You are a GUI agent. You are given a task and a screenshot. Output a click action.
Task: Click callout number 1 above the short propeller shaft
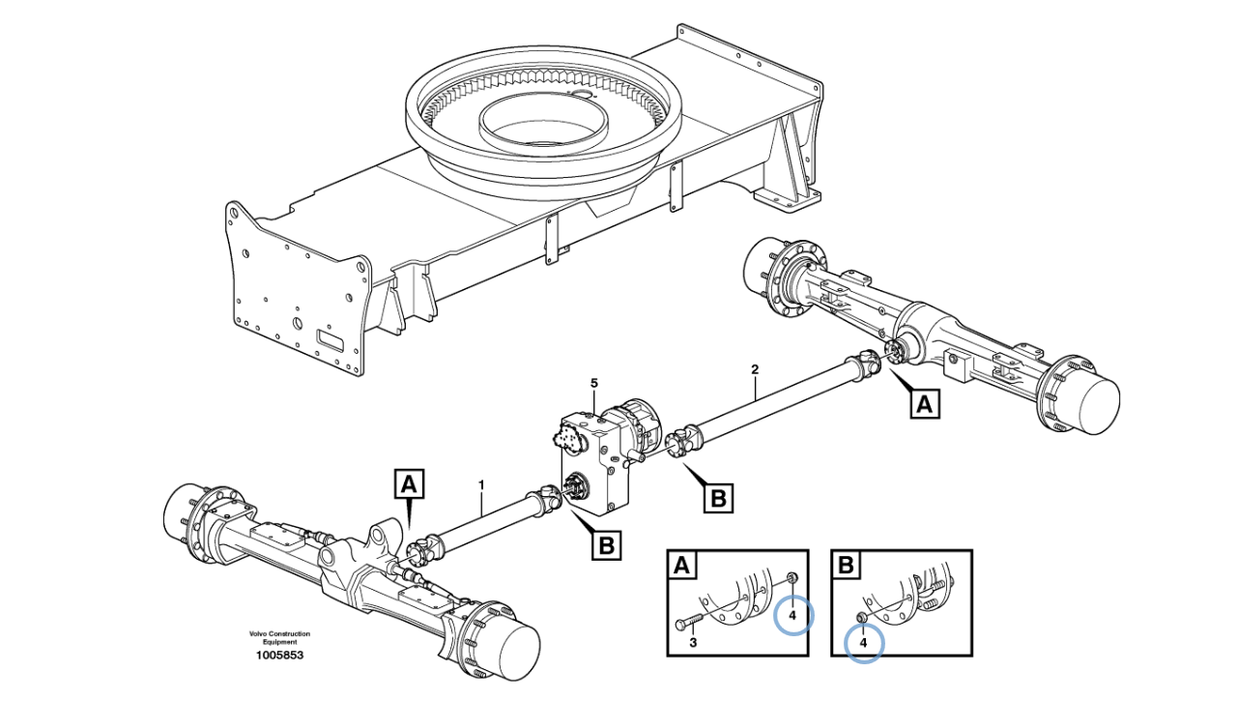point(481,485)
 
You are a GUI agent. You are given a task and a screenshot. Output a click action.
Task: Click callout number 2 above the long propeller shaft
point(755,369)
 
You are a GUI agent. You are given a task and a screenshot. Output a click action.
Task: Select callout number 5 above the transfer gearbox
point(593,383)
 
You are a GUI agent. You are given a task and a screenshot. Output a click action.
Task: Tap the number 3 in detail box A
point(693,642)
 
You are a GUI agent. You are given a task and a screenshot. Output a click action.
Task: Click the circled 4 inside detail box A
point(793,614)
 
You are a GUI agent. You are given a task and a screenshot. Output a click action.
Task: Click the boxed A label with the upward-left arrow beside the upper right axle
point(925,404)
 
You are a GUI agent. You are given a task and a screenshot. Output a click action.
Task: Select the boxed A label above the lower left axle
point(409,483)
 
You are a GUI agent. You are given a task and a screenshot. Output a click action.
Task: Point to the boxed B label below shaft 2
point(718,498)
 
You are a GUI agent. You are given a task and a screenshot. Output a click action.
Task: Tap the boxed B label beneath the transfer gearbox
point(606,545)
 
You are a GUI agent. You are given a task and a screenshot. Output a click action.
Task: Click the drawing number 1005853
point(279,656)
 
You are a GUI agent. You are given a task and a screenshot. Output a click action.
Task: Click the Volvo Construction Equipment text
point(279,637)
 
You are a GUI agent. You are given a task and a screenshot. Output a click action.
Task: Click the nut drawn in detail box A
point(791,578)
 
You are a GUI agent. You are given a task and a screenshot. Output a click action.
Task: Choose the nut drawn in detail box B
point(860,617)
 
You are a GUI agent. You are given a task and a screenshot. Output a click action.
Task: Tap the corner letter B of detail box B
point(846,565)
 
